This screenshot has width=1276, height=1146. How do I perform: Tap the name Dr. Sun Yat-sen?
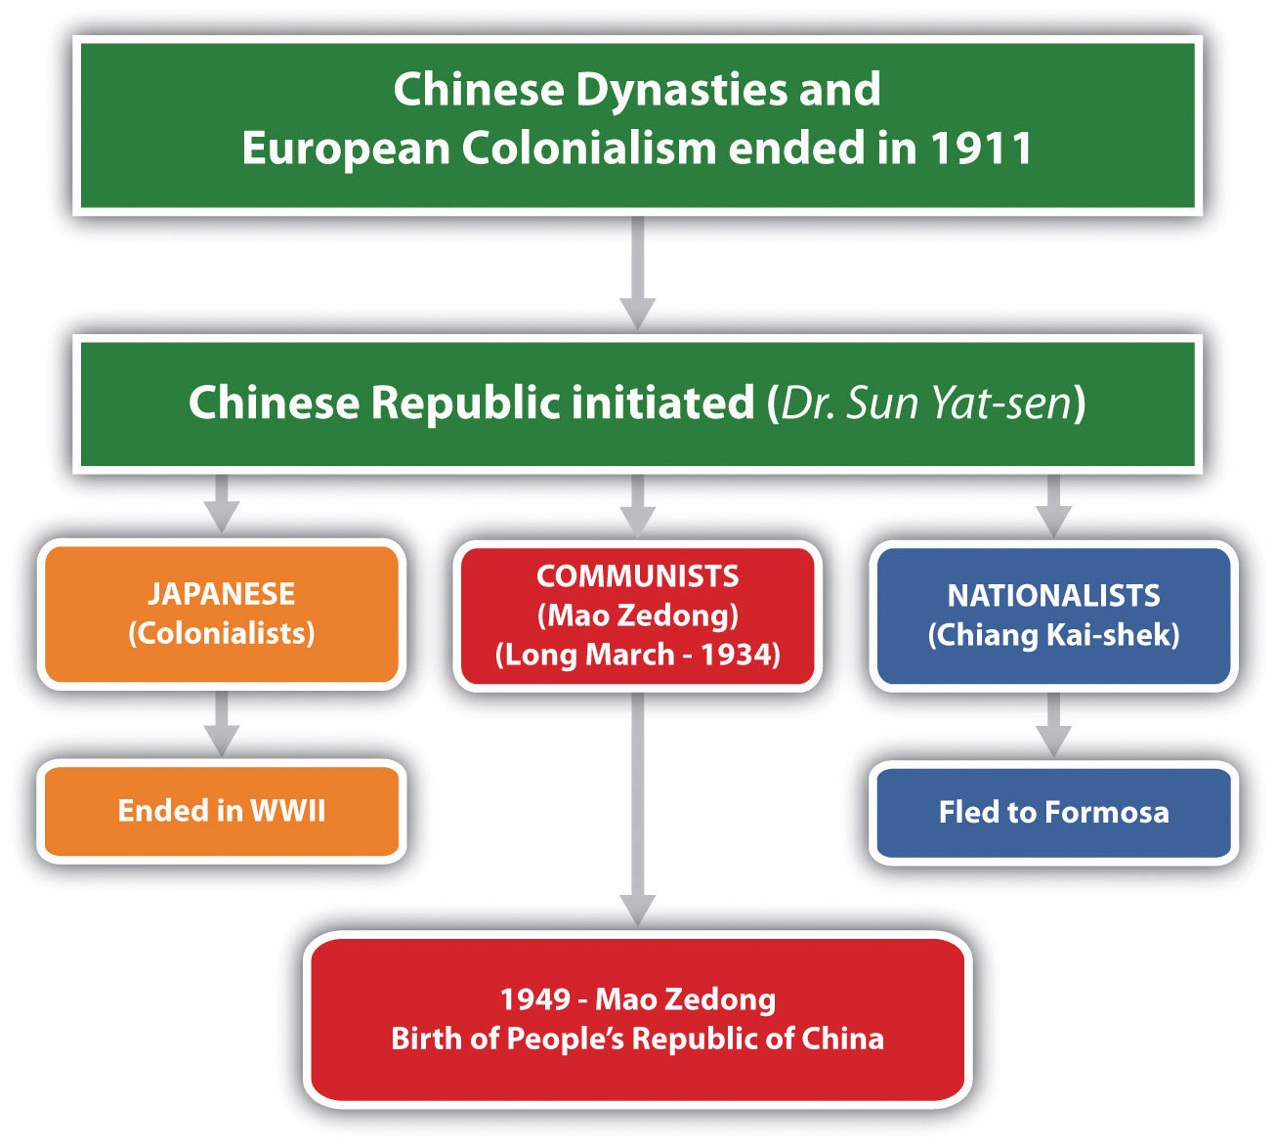pyautogui.click(x=926, y=403)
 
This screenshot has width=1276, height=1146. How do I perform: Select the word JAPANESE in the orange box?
pyautogui.click(x=221, y=594)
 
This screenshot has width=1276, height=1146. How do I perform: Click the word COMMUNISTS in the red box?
pyautogui.click(x=637, y=576)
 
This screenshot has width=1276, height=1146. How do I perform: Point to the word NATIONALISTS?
pyautogui.click(x=1053, y=596)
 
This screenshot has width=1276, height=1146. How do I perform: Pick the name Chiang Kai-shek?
pyautogui.click(x=1053, y=635)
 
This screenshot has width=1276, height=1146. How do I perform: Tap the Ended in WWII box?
pyautogui.click(x=222, y=811)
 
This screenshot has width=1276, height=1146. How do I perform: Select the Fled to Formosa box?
pyautogui.click(x=1053, y=812)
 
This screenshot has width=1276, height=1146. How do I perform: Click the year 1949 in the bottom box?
pyautogui.click(x=534, y=999)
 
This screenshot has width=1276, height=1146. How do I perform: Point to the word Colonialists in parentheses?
pyautogui.click(x=221, y=633)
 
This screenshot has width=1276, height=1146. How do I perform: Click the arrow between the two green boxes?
pyautogui.click(x=637, y=274)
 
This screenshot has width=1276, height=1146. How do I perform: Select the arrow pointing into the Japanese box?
pyautogui.click(x=221, y=504)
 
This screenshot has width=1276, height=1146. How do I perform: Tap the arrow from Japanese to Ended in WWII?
pyautogui.click(x=221, y=724)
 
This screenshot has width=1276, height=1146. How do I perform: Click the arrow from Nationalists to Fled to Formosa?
pyautogui.click(x=1053, y=725)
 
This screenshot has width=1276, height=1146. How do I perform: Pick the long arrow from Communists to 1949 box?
pyautogui.click(x=637, y=810)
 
